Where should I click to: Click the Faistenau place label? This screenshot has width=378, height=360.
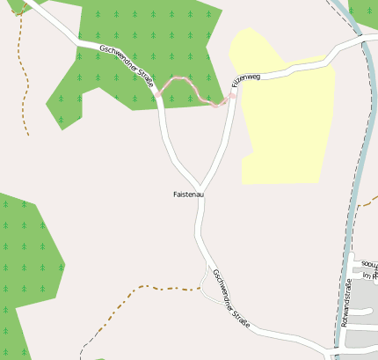(188, 194)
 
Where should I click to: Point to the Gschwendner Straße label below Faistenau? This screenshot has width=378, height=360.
(230, 298)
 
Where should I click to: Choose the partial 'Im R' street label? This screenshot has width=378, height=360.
(369, 276)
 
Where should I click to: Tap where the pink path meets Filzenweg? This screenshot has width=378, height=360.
(231, 94)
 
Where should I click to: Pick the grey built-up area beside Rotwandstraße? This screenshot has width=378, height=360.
(360, 339)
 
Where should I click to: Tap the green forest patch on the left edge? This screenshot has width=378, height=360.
(26, 255)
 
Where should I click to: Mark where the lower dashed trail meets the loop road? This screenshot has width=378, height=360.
(201, 287)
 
